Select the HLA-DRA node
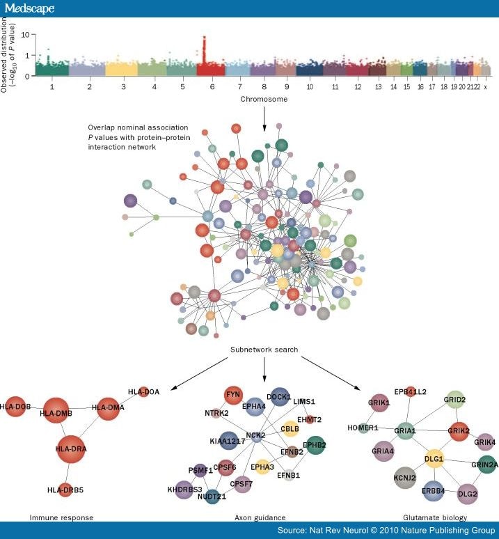71,448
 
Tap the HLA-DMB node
56,412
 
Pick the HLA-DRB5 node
65,490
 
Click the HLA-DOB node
15,406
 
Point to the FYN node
233,394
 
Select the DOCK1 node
280,397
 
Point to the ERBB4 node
433,491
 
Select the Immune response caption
61,517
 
